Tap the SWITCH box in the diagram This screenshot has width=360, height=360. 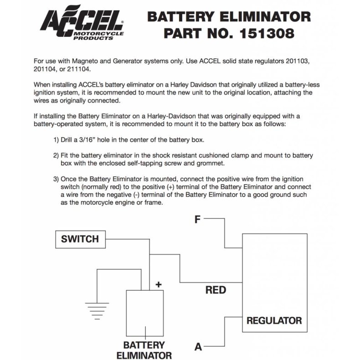point(80,239)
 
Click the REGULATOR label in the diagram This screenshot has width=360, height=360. point(274,320)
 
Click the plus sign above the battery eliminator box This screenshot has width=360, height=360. point(159,285)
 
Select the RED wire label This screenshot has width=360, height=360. point(216,290)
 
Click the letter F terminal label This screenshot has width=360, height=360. point(197,220)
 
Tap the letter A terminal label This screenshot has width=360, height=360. point(198,347)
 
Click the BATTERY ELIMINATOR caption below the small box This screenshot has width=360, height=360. point(144,350)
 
